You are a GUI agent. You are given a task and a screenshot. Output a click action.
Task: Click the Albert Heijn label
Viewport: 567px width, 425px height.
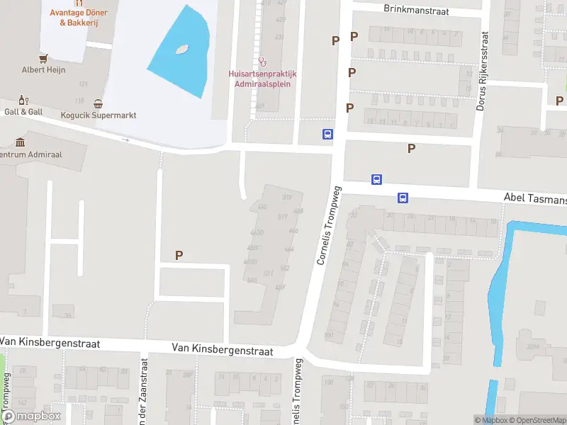[x=43, y=69]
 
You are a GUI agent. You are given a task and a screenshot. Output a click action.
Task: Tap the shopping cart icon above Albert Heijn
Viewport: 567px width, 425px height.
[x=44, y=57]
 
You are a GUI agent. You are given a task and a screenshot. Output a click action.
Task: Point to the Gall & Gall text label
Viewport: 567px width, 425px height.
[x=23, y=112]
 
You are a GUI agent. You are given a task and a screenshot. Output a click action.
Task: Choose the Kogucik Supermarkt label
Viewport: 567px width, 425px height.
[x=108, y=115]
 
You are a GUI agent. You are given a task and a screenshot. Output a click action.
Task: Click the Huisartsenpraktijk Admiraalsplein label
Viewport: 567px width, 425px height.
[x=262, y=79]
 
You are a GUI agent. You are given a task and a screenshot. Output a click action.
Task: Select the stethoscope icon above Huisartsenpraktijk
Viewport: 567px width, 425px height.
[x=262, y=62]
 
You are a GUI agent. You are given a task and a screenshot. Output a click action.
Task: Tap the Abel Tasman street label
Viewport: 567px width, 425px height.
[x=534, y=199]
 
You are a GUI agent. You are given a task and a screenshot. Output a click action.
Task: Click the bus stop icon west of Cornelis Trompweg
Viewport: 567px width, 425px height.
[x=328, y=134]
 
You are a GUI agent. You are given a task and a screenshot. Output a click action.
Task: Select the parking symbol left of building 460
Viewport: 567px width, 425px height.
[x=179, y=256]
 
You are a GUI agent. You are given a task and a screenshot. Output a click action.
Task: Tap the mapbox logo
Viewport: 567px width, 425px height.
[x=31, y=416]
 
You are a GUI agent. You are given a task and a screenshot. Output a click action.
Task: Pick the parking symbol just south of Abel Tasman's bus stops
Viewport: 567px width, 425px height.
[x=411, y=148]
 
